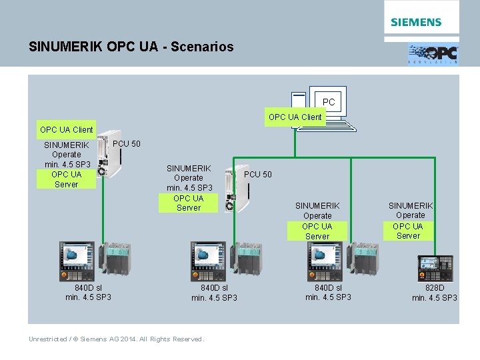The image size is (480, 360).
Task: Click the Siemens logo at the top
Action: click(x=416, y=22)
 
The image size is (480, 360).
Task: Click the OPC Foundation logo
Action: click(x=433, y=54)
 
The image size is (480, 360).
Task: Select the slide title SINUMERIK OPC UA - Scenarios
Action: click(x=131, y=47)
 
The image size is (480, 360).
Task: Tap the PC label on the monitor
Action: click(x=329, y=102)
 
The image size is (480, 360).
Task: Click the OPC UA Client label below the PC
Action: click(x=295, y=117)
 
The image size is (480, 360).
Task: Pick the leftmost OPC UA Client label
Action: click(x=66, y=129)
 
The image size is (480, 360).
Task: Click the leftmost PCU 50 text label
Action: click(x=127, y=144)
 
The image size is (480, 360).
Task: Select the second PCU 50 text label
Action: click(x=258, y=175)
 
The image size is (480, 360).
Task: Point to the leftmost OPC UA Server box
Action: click(x=66, y=179)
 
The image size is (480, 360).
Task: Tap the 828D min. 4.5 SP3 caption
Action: click(x=435, y=293)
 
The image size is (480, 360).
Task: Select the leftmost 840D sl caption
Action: click(x=88, y=292)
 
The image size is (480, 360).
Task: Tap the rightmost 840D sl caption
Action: click(x=328, y=292)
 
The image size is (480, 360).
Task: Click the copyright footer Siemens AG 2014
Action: click(x=116, y=339)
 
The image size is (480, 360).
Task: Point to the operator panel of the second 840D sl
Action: click(x=209, y=259)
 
